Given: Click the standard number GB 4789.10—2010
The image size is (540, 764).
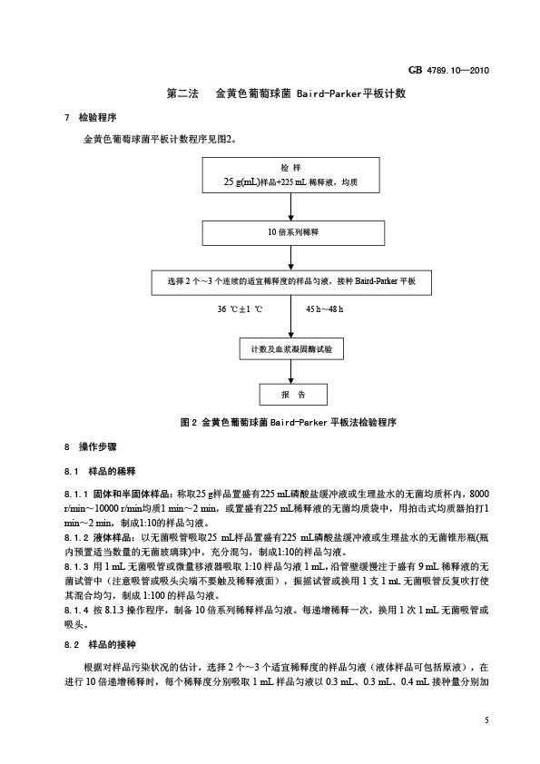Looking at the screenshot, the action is pos(448,70).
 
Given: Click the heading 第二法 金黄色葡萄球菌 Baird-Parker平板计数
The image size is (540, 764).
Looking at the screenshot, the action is pos(286,93).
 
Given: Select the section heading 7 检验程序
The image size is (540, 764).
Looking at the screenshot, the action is pos(91,117).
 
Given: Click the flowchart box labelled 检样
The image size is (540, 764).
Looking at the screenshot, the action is pos(291,175).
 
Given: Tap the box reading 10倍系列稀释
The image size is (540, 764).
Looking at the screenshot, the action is pos(293,233).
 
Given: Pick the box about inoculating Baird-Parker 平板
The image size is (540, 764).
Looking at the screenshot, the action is pos(291,282).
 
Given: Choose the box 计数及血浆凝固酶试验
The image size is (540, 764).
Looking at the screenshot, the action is pos(291,349).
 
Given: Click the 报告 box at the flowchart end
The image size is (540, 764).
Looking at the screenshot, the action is pos(293,395).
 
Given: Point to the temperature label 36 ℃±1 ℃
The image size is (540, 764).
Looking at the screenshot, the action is pos(240,309).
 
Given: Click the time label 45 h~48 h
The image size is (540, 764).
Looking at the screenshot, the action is pos(325,309).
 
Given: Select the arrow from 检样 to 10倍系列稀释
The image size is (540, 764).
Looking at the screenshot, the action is pos(291,207).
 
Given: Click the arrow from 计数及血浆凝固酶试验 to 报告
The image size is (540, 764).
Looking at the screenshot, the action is pos(291,372).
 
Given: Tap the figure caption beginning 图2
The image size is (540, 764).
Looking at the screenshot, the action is pos(289,423).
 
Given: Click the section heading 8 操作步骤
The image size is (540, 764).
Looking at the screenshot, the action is pos(91,446).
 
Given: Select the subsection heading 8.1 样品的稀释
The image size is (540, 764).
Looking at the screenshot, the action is pos(100,472).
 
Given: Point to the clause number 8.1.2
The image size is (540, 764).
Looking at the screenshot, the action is pos(76,538).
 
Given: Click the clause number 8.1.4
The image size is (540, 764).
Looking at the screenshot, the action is pos(76,610).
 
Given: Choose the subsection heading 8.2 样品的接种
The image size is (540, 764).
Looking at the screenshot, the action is pos(100,644).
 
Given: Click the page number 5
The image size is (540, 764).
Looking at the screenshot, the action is pos(486,720).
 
